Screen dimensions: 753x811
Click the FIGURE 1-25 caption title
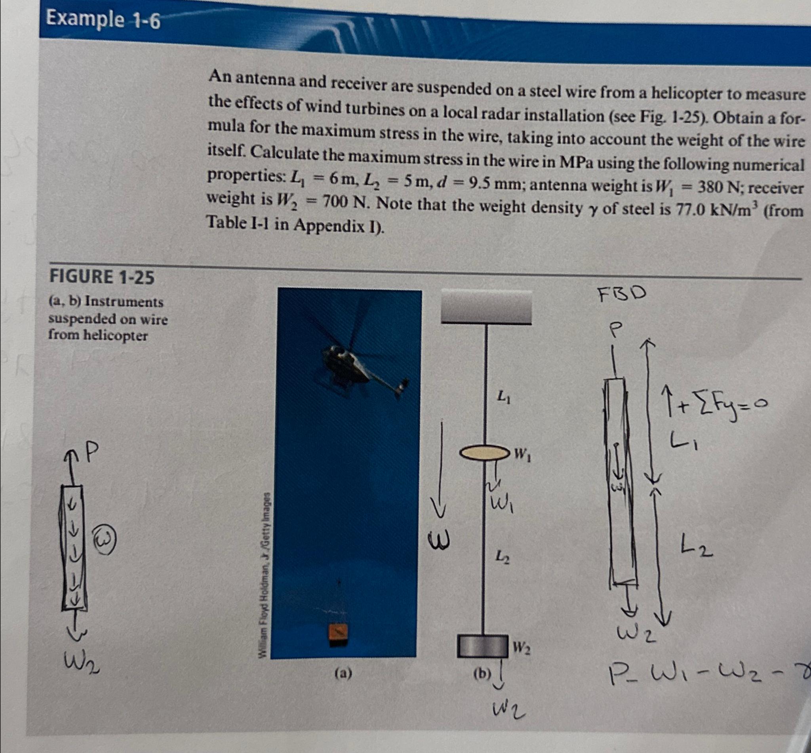tap(102, 277)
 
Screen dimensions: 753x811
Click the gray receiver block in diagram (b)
tap(483, 646)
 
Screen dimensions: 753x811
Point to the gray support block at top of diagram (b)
tap(487, 308)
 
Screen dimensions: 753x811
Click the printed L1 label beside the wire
tap(503, 396)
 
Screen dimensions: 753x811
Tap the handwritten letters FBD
tap(622, 294)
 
